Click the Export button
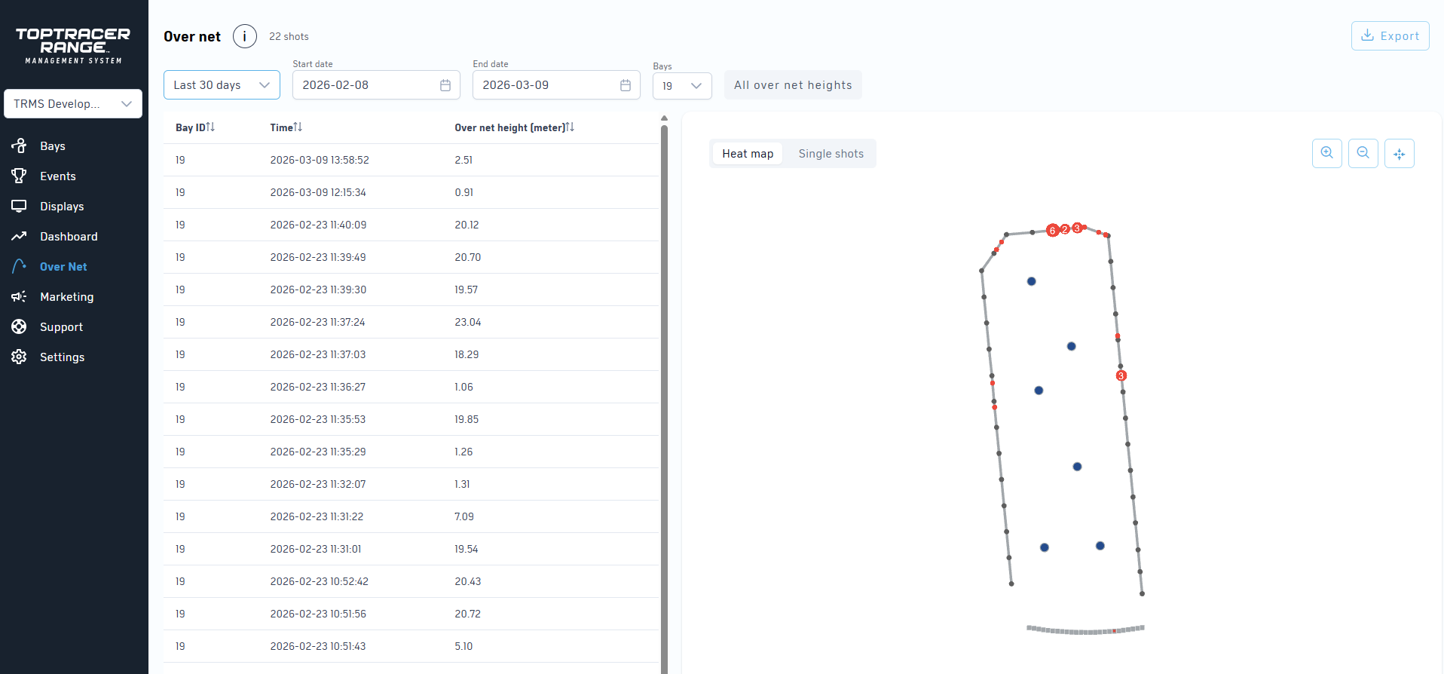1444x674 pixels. pyautogui.click(x=1390, y=36)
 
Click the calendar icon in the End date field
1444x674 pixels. pyautogui.click(x=625, y=85)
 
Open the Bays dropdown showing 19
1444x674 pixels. pyautogui.click(x=681, y=86)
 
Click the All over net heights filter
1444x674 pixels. pyautogui.click(x=792, y=85)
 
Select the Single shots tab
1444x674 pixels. pyautogui.click(x=831, y=154)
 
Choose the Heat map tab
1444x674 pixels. pyautogui.click(x=748, y=154)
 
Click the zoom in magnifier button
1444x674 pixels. pyautogui.click(x=1326, y=153)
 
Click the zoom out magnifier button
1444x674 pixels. pyautogui.click(x=1363, y=153)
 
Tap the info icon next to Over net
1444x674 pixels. pyautogui.click(x=244, y=36)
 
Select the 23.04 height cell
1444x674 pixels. pyautogui.click(x=467, y=322)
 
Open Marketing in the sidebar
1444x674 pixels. pyautogui.click(x=66, y=297)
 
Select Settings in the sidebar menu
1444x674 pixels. pyautogui.click(x=62, y=357)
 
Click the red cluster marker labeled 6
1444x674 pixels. pyautogui.click(x=1052, y=231)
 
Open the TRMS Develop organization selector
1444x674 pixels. pyautogui.click(x=73, y=104)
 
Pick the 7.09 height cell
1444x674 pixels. pyautogui.click(x=464, y=516)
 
